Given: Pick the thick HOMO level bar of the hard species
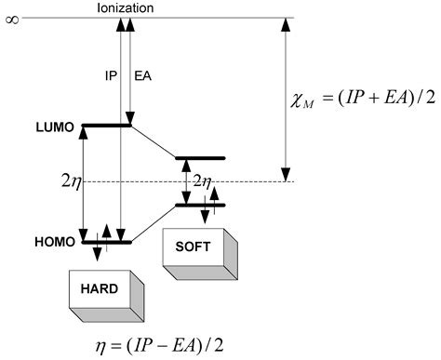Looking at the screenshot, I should (107, 242).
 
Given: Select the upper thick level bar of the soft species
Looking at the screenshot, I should (200, 159).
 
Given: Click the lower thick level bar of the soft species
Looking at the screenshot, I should (200, 205).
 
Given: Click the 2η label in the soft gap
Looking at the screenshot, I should (202, 181).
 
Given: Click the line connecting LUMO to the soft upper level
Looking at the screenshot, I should (154, 142).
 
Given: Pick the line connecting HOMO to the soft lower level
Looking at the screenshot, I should (154, 223).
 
